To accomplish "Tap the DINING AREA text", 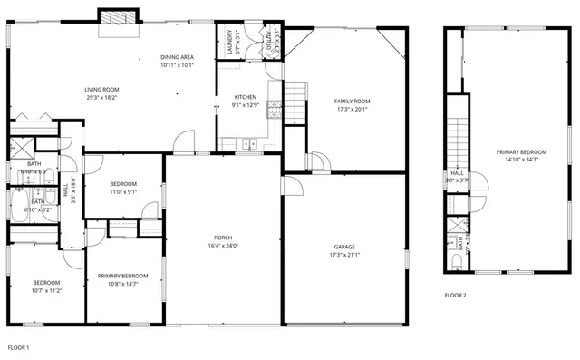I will pos(177,56).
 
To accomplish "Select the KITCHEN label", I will pos(246,97).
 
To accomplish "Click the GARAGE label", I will pos(344,247).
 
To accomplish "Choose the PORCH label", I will pos(224,238).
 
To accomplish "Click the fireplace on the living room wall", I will pos(117,18).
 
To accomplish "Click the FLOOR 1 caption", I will pos(19,348).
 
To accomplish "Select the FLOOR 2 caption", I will pos(456,296).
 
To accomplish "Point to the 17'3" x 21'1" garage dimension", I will pos(344,255).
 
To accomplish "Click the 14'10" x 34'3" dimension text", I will pos(521,160).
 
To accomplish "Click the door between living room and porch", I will pos(184,141).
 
